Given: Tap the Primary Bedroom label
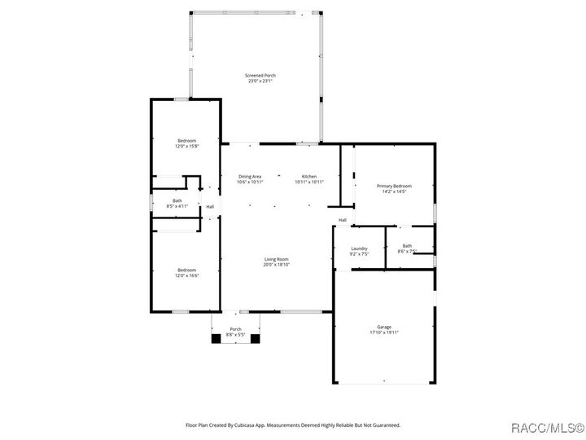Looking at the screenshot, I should pyautogui.click(x=394, y=186).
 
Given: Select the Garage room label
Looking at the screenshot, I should pyautogui.click(x=384, y=327).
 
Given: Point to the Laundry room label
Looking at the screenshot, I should pyautogui.click(x=359, y=249).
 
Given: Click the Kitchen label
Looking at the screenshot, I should pyautogui.click(x=309, y=177).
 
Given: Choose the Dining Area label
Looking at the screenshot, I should pyautogui.click(x=250, y=177).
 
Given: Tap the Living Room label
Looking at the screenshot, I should pyautogui.click(x=276, y=259).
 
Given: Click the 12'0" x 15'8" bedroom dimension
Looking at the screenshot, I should pyautogui.click(x=186, y=147).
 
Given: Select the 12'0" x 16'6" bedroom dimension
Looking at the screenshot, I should pyautogui.click(x=186, y=275).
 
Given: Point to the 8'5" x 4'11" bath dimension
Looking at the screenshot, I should pyautogui.click(x=177, y=206).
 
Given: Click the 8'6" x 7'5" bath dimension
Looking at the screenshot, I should pyautogui.click(x=407, y=252).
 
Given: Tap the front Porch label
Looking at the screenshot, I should pyautogui.click(x=235, y=329).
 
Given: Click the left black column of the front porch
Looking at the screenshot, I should pyautogui.click(x=216, y=339).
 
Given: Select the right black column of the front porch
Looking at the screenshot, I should pyautogui.click(x=255, y=339).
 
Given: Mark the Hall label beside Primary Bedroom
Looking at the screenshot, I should pyautogui.click(x=343, y=220).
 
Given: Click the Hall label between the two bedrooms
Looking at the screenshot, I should pyautogui.click(x=210, y=207).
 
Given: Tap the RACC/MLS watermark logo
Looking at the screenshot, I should pyautogui.click(x=545, y=428).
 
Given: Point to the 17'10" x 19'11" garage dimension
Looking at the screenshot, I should pyautogui.click(x=384, y=332).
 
